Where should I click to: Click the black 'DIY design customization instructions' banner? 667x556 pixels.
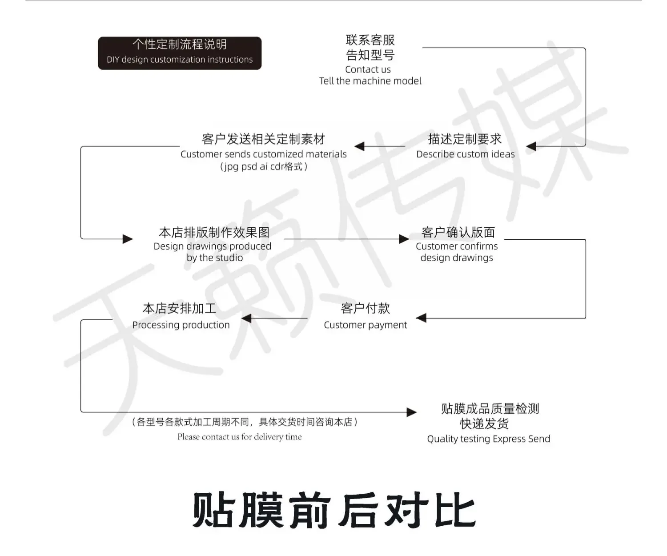click(x=180, y=53)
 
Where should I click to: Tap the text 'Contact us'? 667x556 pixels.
click(x=368, y=69)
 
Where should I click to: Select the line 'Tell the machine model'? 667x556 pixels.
click(x=370, y=81)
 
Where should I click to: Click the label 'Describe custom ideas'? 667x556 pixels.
click(x=465, y=154)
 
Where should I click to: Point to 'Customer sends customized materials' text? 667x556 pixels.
click(x=263, y=154)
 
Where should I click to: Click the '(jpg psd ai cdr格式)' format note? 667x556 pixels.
click(x=263, y=167)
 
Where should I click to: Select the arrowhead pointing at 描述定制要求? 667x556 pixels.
click(x=531, y=146)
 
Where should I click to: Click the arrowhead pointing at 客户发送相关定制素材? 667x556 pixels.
click(x=360, y=146)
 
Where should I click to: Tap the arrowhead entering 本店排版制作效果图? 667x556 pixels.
click(x=128, y=239)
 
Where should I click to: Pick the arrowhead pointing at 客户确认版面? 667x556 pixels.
click(x=404, y=239)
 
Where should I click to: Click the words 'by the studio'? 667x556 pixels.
click(x=214, y=258)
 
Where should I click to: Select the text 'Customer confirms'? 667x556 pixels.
click(x=457, y=246)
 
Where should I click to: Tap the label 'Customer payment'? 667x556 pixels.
click(x=365, y=325)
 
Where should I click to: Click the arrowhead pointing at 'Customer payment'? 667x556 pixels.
click(x=421, y=318)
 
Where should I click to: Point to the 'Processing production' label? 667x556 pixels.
click(x=181, y=325)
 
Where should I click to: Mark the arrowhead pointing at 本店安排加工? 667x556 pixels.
click(x=246, y=318)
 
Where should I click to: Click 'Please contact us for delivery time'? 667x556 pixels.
click(x=239, y=437)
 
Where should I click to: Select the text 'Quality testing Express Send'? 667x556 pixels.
click(x=488, y=439)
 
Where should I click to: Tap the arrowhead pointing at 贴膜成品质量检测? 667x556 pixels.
click(x=412, y=412)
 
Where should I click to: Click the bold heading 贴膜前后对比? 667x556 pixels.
click(x=333, y=511)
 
